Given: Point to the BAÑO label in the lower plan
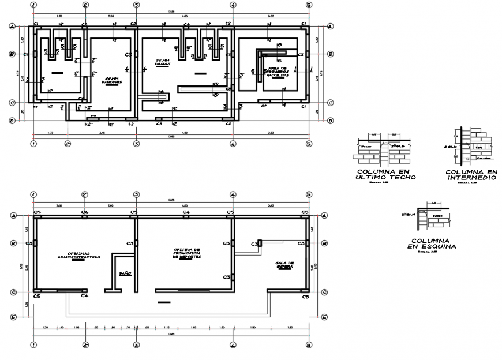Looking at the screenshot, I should point(125,273).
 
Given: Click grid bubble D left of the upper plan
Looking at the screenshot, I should point(13,121).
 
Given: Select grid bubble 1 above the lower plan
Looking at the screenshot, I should point(34,194).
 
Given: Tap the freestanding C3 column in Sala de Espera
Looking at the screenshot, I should point(260,242).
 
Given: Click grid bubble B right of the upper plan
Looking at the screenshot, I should point(331,54).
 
